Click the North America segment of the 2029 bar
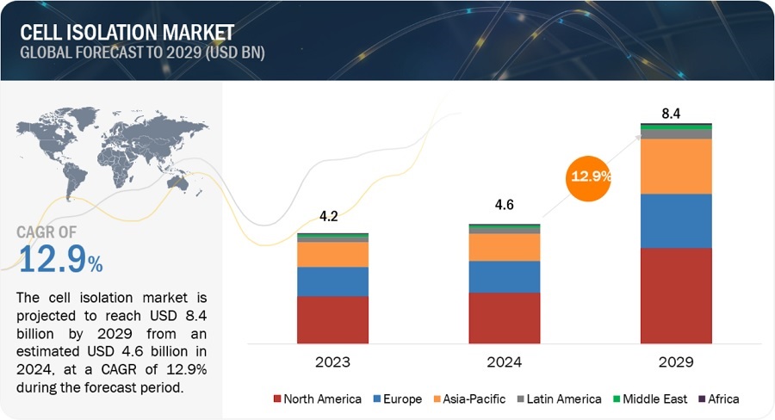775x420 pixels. point(676,295)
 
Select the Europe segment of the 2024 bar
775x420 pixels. point(504,276)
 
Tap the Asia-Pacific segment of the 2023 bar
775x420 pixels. point(332,254)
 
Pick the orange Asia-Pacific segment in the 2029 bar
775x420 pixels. point(676,166)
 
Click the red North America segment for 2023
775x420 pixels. point(332,319)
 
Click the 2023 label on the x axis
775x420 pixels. point(332,362)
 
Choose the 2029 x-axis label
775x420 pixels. point(676,362)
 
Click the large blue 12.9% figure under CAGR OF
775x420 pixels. point(60,258)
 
